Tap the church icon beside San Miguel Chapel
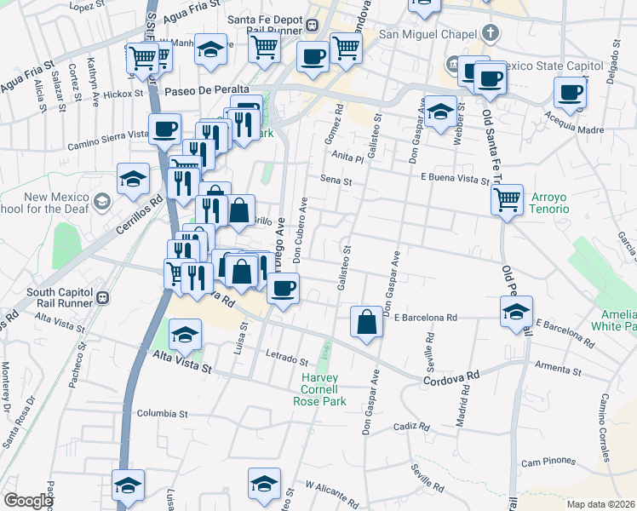point(489,34)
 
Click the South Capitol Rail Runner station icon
point(102,298)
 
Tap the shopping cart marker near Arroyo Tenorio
point(507,200)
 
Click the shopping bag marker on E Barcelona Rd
point(366,323)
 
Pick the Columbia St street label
point(162,414)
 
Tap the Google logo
point(28,501)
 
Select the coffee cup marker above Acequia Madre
point(571,92)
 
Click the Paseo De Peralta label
point(207,89)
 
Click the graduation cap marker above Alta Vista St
point(185,335)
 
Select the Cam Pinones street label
point(544,462)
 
